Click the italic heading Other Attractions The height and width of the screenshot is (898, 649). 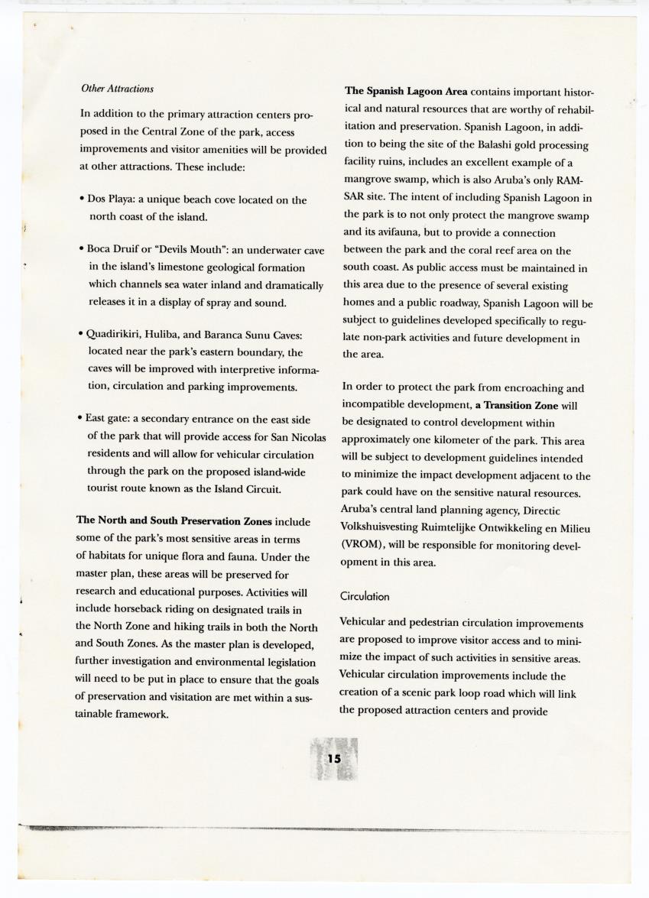pyautogui.click(x=117, y=89)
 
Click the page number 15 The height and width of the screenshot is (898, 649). pyautogui.click(x=334, y=758)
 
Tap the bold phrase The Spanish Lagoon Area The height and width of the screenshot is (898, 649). pyautogui.click(x=406, y=92)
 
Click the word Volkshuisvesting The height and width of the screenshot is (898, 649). pyautogui.click(x=386, y=527)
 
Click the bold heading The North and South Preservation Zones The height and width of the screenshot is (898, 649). pyautogui.click(x=174, y=520)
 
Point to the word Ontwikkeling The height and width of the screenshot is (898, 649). pyautogui.click(x=521, y=527)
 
